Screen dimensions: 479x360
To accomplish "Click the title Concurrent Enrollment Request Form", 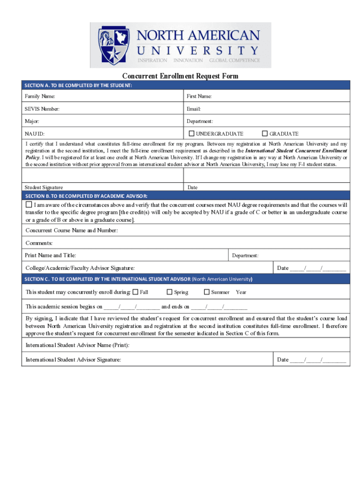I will coord(180,76).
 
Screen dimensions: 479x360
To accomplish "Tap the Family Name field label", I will coord(40,96).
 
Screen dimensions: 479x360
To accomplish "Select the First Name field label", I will coord(199,96).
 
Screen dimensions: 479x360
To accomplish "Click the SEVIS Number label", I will coord(43,109).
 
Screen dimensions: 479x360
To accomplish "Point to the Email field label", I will coord(194,109).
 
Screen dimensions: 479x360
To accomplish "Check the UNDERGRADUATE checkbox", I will coord(191,133).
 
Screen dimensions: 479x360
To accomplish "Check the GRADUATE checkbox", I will coord(265,133).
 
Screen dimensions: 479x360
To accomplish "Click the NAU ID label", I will coord(35,134).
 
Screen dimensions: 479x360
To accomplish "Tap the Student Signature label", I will coord(44,187).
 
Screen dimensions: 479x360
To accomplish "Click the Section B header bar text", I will coord(86,196).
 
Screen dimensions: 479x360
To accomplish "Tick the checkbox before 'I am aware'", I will coord(29,205).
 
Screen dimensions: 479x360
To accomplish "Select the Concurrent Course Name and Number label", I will coord(72,231).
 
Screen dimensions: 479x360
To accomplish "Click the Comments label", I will coord(39,243).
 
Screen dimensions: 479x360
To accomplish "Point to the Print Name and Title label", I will coord(50,255).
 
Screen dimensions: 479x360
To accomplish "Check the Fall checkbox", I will coord(136,292).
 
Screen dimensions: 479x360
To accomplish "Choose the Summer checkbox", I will coord(207,292).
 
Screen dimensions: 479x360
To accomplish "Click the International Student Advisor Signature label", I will coord(73,360).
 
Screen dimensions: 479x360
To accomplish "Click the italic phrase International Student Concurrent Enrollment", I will coord(296,151).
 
